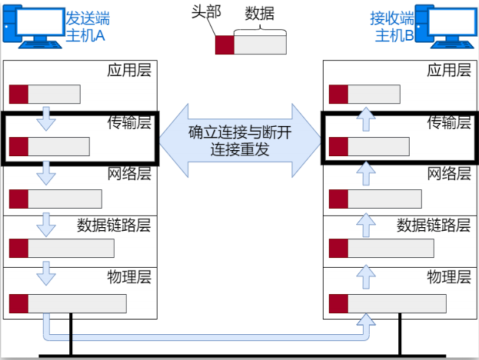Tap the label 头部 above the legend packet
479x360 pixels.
206,12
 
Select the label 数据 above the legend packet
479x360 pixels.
260,14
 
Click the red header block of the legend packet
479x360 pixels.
224,45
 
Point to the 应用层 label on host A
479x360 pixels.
129,70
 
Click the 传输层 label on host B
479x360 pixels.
449,122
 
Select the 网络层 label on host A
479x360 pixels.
129,174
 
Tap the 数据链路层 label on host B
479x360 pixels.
434,225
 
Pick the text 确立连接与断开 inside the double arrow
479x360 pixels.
239,133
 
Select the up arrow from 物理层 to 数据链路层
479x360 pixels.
367,276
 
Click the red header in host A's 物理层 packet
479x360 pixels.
19,304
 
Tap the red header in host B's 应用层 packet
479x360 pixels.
339,95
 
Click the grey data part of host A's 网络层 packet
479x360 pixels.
64,199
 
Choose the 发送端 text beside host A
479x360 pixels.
88,19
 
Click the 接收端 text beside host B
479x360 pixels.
392,19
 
